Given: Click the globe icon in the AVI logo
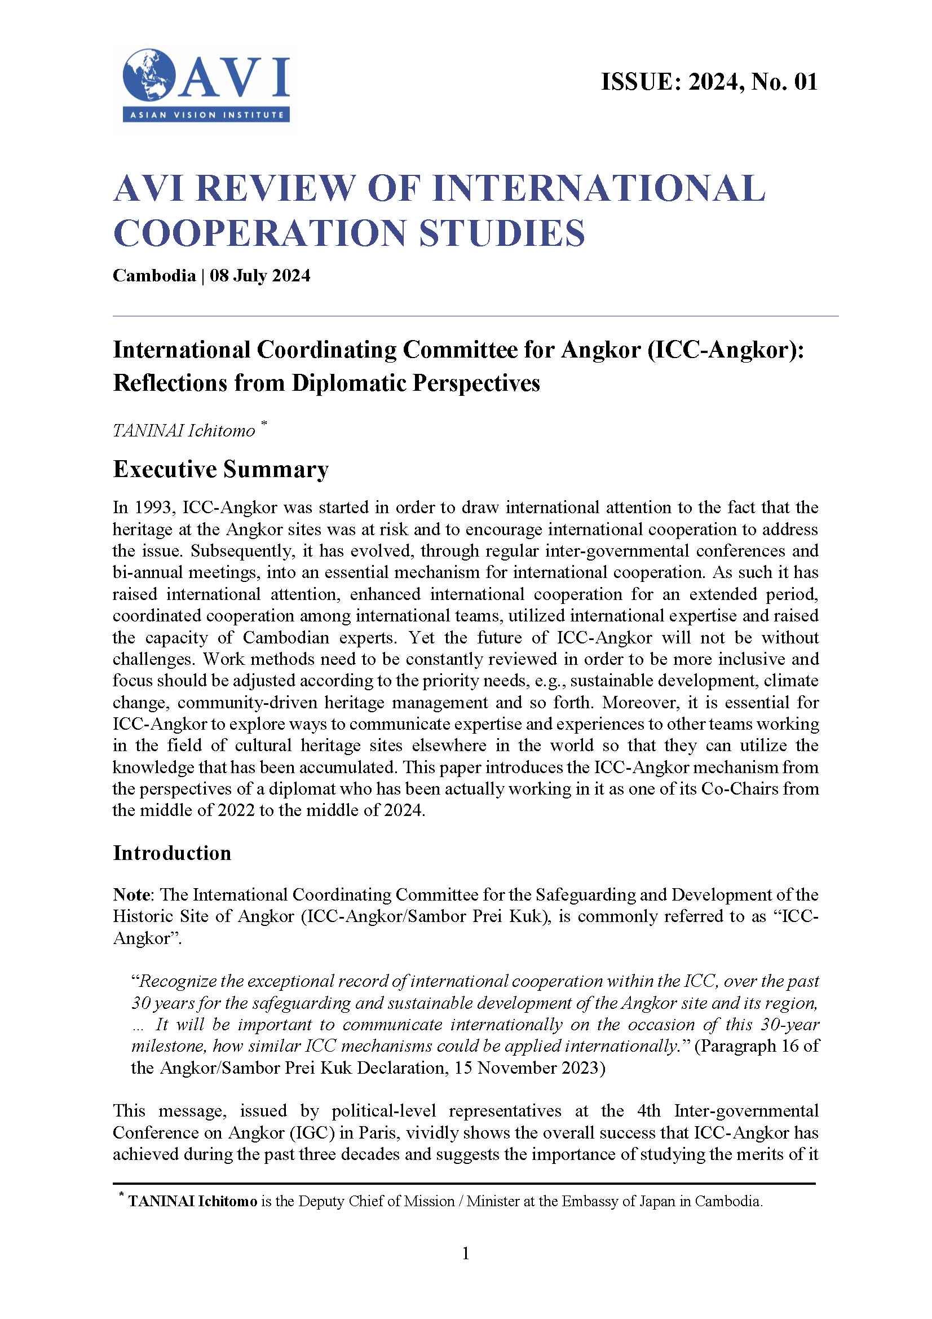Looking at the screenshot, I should (x=148, y=75).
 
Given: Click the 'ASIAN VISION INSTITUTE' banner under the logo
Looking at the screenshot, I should (x=206, y=115).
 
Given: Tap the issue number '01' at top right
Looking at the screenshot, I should (x=806, y=82).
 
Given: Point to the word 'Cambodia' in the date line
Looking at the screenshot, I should (x=154, y=276).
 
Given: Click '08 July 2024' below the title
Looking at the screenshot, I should (x=259, y=276).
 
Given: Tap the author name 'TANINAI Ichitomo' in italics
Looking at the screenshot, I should (x=184, y=430).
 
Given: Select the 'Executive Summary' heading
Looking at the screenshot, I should (x=220, y=469).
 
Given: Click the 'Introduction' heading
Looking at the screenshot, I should (x=172, y=853).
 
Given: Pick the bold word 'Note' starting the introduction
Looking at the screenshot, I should (x=131, y=894).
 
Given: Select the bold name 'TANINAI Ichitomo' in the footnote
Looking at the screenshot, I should (x=192, y=1201).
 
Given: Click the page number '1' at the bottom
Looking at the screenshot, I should (x=466, y=1254).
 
